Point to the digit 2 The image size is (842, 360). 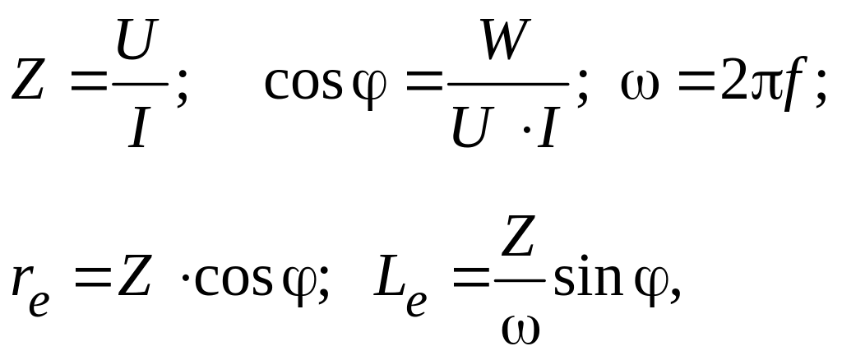pos(734,82)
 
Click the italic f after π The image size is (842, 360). pos(791,84)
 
